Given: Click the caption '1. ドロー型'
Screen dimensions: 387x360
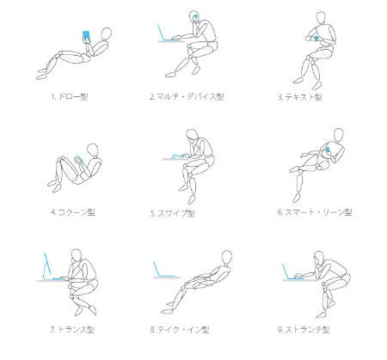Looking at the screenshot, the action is pos(70,96).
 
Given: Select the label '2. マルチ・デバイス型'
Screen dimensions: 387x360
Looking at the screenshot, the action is pos(187,96).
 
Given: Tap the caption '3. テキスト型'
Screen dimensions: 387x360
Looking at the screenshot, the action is pos(299,97).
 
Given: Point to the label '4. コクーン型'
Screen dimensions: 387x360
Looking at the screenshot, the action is pos(73,212).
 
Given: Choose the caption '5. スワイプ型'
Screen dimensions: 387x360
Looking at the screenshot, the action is pos(173,213).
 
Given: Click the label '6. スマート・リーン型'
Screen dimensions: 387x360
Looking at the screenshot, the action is pos(315,212).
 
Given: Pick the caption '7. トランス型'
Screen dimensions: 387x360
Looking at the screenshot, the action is pos(72,330).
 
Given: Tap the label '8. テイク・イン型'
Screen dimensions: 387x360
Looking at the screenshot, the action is pos(180,330).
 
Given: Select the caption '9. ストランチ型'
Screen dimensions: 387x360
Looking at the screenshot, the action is pos(304,330).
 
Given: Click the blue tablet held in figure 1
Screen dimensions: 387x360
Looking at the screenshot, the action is pos(86,35).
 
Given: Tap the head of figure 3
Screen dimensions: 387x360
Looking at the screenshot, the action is pos(321,18).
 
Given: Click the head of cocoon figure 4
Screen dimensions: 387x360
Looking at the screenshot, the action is pos(93,150).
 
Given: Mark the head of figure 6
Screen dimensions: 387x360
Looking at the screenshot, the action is pos(339,134).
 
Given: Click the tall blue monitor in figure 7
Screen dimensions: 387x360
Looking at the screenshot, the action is pos(47,265).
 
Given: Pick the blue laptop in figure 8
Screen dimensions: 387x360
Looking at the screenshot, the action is pos(163,270).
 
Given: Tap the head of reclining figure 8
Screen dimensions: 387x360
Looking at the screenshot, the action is pos(227,257).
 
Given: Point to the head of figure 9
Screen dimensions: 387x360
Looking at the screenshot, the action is pos(319,258).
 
